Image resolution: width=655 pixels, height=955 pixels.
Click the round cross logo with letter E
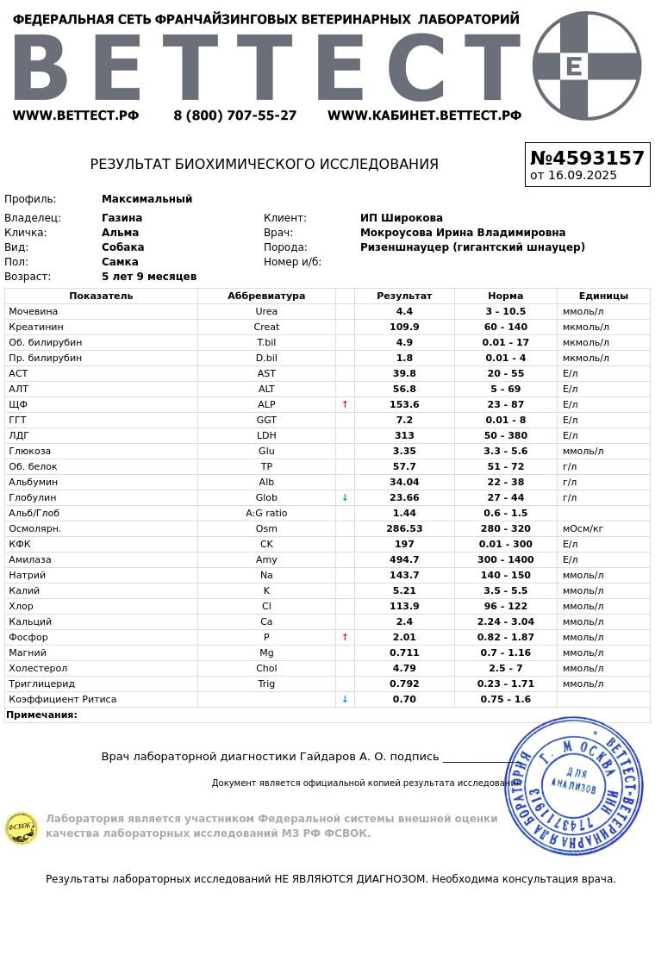click(x=587, y=66)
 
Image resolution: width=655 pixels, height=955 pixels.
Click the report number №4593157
click(x=587, y=159)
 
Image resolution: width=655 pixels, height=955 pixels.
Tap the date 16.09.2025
click(x=582, y=175)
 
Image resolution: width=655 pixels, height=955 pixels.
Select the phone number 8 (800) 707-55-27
click(x=234, y=115)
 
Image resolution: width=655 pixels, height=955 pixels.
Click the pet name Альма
click(x=120, y=233)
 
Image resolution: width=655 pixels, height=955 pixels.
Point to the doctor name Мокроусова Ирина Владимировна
click(x=463, y=233)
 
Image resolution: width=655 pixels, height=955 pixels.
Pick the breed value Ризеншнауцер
click(x=472, y=247)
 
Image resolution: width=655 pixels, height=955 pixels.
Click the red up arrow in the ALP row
click(x=345, y=404)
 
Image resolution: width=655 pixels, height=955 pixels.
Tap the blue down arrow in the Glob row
click(x=345, y=497)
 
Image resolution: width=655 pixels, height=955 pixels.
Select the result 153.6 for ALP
click(x=404, y=404)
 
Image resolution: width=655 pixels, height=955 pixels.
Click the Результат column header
click(x=404, y=296)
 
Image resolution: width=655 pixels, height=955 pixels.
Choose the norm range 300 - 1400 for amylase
click(x=506, y=559)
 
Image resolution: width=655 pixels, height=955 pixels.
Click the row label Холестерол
click(x=38, y=668)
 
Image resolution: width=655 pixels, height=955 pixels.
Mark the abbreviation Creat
click(x=266, y=327)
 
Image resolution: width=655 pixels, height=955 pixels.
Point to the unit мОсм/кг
click(x=583, y=528)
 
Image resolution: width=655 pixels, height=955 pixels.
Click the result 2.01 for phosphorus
click(x=404, y=637)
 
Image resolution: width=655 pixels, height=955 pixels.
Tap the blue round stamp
click(x=574, y=785)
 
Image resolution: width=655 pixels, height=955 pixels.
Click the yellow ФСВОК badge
click(x=22, y=828)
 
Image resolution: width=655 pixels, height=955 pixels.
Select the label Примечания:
click(x=42, y=715)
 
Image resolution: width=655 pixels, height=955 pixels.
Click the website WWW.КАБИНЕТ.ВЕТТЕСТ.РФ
click(x=424, y=115)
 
